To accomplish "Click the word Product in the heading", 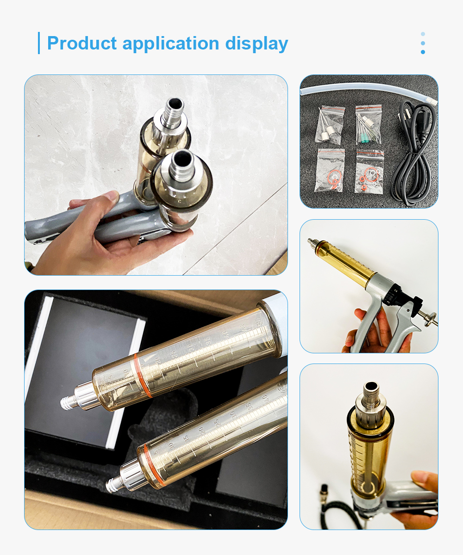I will point(82,43).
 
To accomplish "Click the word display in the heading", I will point(257,43).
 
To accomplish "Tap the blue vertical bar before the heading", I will point(39,43).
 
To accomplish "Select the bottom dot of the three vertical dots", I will point(423,52).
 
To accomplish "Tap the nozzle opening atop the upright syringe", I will point(370,386).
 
